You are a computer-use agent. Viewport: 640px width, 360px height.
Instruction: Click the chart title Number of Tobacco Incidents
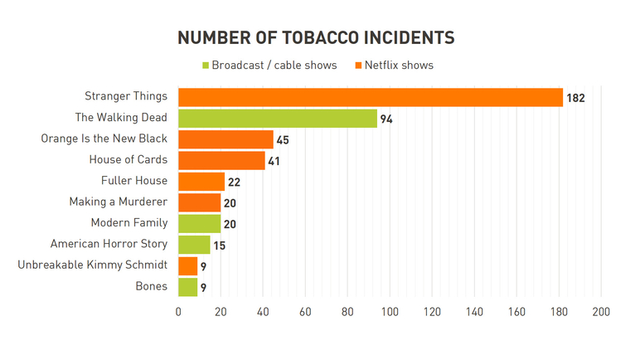pos(316,38)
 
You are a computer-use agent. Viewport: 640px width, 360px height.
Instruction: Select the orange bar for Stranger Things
pos(371,97)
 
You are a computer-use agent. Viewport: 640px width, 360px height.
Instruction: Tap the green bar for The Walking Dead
pos(278,119)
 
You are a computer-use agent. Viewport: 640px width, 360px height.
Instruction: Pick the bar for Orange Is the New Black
pos(225,139)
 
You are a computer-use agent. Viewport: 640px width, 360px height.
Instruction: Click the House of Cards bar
pos(221,160)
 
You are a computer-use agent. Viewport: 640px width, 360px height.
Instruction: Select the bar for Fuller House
pos(201,182)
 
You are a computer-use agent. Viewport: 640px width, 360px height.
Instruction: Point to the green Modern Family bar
pos(199,223)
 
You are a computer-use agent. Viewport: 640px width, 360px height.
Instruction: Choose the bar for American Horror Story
pos(194,245)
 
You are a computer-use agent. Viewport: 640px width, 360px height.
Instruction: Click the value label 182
pos(575,98)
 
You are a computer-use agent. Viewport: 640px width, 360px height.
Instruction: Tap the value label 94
pos(386,119)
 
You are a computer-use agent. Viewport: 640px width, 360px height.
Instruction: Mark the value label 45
pos(283,140)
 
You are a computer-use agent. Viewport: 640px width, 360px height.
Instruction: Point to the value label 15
pos(219,246)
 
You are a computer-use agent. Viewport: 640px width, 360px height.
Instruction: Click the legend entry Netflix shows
pos(395,65)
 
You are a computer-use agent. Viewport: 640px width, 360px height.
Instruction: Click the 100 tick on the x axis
pos(390,312)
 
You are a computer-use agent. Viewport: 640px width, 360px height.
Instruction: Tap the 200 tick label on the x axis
pos(601,312)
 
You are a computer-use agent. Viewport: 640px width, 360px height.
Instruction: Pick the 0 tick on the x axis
pos(178,312)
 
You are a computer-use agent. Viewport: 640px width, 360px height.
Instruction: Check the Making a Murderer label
pos(119,202)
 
